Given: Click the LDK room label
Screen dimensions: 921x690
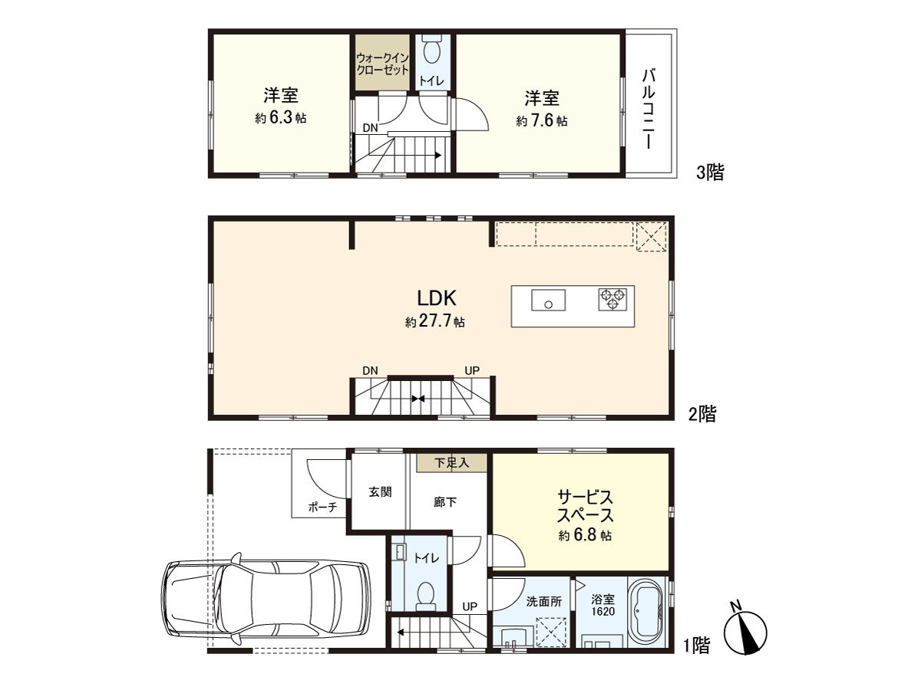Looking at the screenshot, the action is [436, 298].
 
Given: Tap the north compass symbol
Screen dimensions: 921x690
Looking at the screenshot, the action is [745, 632].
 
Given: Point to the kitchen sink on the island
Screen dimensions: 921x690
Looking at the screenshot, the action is [548, 300].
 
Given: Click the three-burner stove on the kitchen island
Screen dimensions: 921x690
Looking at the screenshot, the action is [612, 299].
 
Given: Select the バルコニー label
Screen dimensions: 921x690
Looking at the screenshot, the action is [649, 109].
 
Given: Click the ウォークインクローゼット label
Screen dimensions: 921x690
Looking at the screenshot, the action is [382, 64].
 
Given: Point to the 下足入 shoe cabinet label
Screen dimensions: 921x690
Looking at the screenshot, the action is [451, 463].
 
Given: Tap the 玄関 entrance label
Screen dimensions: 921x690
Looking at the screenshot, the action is [380, 492].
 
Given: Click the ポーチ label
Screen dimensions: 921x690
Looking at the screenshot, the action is [322, 508].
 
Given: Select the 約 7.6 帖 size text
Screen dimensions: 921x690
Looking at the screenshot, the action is [542, 120].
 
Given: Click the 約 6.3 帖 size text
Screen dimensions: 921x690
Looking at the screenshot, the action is [280, 118].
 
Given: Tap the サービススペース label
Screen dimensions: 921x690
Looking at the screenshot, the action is [585, 506].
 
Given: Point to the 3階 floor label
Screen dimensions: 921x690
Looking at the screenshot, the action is [710, 172].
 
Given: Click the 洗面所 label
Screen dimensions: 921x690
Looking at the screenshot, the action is [544, 602].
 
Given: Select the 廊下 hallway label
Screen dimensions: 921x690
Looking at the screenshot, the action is [444, 502].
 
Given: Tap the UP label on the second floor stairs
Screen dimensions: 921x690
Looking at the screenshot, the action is [472, 370].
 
